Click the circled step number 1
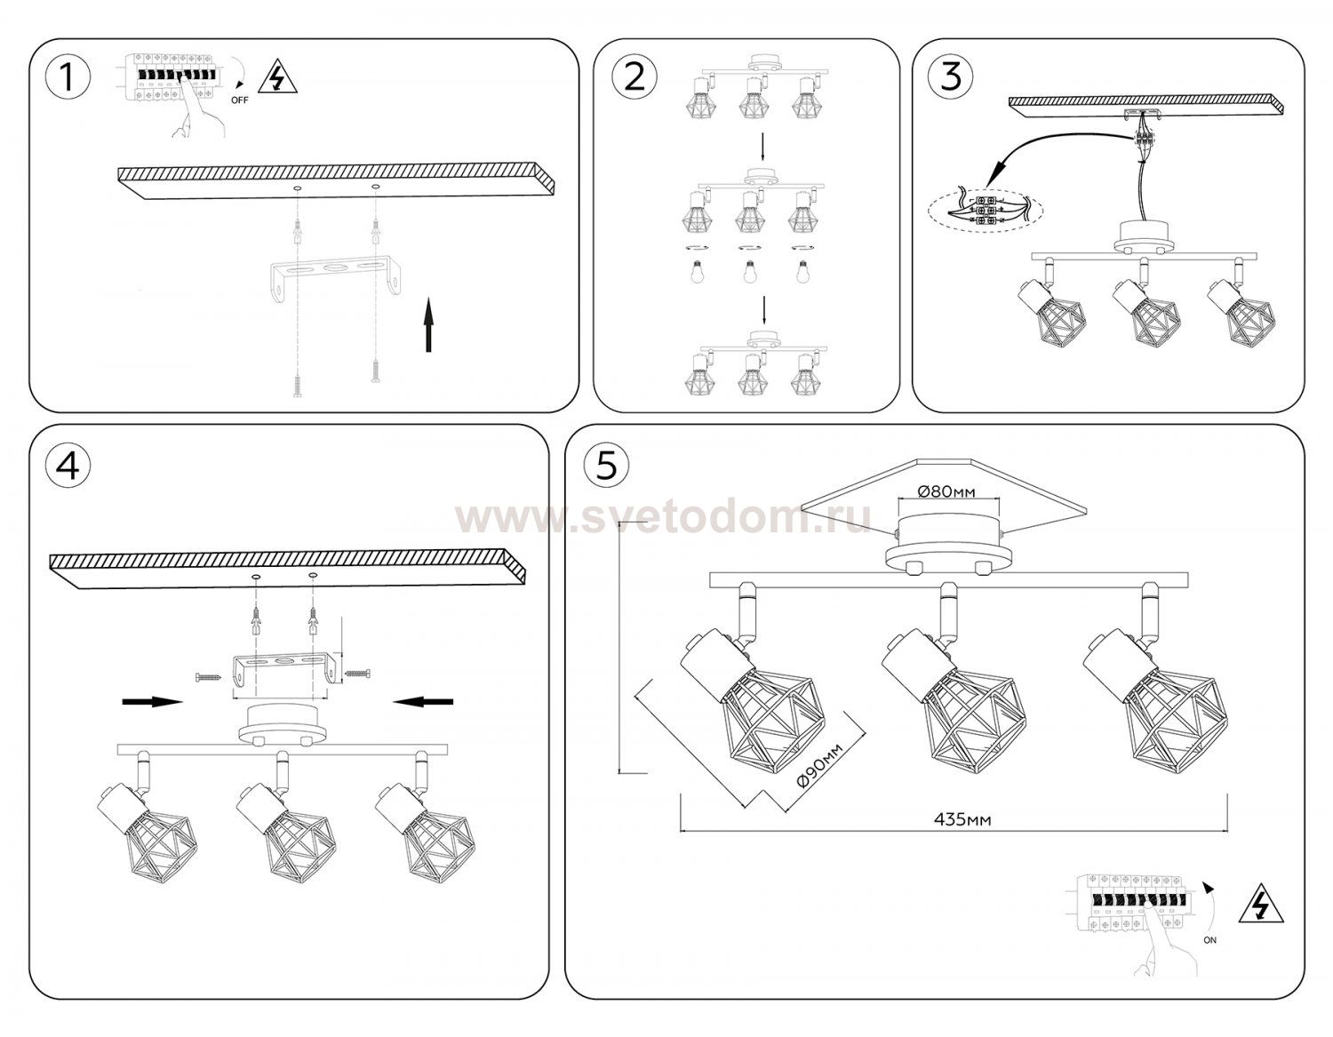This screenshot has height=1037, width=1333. point(68,77)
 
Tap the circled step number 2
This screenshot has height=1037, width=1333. point(635,77)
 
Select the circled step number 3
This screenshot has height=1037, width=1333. point(951,76)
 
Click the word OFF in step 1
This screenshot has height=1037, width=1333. point(240,100)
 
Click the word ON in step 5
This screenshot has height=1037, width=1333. point(1210,940)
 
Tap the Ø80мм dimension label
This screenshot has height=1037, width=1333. point(946,491)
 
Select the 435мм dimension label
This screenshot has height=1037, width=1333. point(962,819)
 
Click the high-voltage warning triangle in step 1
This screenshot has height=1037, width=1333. point(278,76)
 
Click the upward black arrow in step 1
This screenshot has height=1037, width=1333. point(429,325)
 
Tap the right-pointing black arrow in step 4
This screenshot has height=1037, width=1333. point(153,702)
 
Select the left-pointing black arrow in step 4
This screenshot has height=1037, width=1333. point(423,702)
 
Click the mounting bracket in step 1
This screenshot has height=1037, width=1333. point(337,279)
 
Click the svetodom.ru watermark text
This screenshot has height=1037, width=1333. point(664,518)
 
